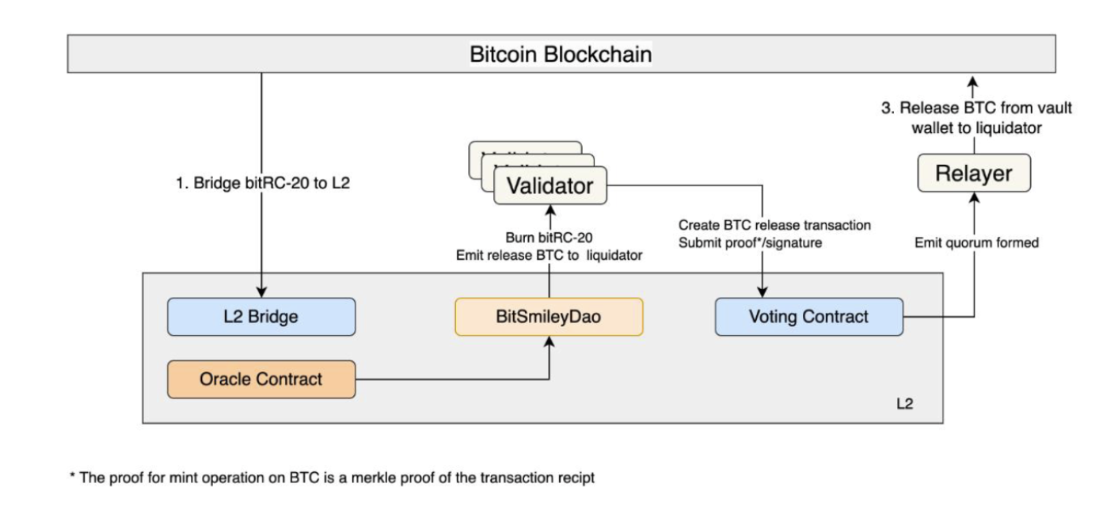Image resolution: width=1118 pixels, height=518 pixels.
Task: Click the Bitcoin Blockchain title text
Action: [561, 54]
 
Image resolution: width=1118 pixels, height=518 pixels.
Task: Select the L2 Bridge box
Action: [260, 317]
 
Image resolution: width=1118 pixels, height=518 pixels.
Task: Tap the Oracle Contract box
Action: [260, 379]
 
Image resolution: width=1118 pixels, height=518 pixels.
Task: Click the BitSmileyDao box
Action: [549, 317]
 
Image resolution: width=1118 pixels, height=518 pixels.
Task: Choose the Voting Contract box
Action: [808, 317]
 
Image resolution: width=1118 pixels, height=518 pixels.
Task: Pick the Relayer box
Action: [974, 173]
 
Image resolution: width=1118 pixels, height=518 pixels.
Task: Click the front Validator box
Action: [549, 186]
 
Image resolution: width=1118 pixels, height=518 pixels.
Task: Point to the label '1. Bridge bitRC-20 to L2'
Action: [263, 182]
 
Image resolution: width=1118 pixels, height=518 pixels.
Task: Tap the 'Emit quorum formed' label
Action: [976, 243]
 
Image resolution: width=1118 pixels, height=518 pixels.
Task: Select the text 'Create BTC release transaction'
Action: [774, 225]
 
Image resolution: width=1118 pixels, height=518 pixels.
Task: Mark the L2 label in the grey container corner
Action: [904, 404]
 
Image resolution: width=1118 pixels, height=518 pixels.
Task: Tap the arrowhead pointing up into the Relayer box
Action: [974, 198]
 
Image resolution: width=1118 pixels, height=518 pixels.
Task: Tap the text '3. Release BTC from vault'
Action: [976, 108]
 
